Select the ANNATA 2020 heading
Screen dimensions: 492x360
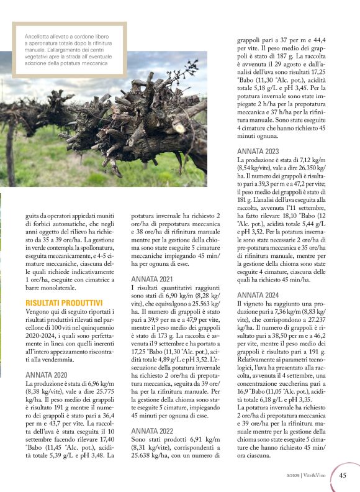[x=47, y=375]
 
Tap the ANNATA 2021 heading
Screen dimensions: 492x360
[x=153, y=279]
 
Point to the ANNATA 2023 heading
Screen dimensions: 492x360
[x=259, y=151]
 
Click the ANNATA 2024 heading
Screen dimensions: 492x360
[x=259, y=294]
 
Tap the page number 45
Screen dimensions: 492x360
[x=343, y=476]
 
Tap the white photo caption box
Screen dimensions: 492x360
[x=70, y=49]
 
